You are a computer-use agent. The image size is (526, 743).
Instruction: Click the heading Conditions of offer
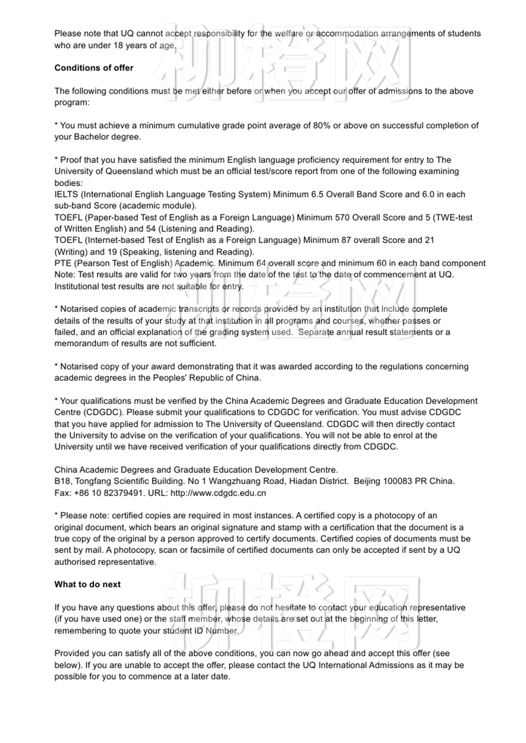(x=94, y=68)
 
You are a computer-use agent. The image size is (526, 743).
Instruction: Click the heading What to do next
(x=87, y=584)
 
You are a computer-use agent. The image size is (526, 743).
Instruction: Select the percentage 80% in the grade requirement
(x=322, y=125)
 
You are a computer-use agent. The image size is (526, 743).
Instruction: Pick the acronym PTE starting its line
(x=63, y=263)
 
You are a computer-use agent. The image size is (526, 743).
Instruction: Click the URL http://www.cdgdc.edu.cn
(x=218, y=493)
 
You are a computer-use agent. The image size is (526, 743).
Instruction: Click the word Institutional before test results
(x=77, y=287)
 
